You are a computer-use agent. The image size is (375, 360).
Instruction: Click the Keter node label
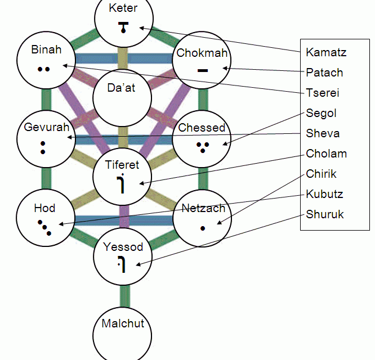click(123, 8)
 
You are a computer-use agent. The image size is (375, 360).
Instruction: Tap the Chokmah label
click(202, 53)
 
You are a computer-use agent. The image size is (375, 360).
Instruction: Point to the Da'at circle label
click(122, 87)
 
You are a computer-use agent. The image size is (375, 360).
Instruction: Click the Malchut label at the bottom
click(123, 323)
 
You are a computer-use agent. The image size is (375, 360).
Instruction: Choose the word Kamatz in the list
click(326, 52)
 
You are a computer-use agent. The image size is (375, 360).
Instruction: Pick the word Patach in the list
click(324, 73)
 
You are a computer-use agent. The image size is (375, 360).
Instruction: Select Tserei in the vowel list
click(323, 93)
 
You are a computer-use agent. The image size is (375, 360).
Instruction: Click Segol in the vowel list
click(322, 113)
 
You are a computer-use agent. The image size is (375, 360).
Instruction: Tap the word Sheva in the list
click(323, 133)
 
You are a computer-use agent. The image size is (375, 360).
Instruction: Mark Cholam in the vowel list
click(327, 154)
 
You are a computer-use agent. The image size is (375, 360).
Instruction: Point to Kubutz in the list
click(325, 194)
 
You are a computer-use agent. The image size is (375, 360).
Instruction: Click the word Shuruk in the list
click(325, 214)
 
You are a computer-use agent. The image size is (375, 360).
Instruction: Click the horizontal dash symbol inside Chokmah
click(203, 70)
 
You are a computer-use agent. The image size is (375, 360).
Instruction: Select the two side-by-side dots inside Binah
click(44, 69)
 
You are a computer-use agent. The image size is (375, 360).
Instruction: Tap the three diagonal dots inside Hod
click(44, 227)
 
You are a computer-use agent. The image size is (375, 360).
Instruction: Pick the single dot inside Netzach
click(203, 228)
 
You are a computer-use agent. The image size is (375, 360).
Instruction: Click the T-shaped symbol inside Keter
click(123, 26)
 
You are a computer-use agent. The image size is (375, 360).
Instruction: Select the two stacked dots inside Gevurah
click(43, 147)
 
